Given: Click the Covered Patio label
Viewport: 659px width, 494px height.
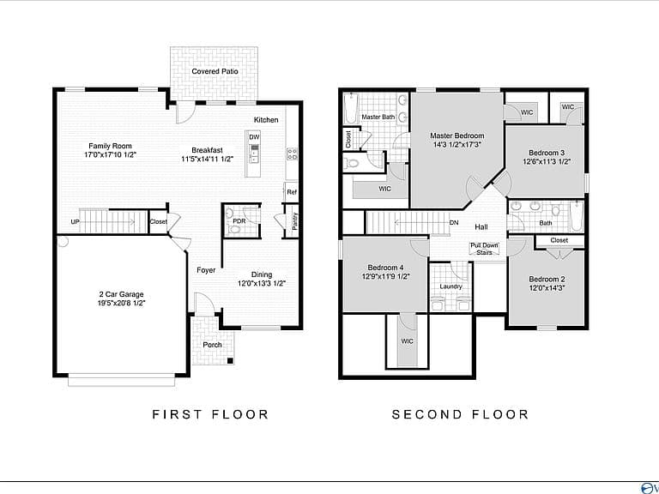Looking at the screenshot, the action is point(215,71).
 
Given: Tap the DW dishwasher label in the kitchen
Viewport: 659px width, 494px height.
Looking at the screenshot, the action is point(254,137).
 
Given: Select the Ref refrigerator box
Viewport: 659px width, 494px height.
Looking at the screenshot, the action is point(292,192).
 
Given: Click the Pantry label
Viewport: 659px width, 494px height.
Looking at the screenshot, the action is point(294,220).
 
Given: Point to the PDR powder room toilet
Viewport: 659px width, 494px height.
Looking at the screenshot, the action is point(234,229).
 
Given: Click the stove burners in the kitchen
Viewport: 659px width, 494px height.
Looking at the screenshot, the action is point(292,154).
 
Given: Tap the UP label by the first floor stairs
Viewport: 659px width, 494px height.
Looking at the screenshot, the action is point(75,222).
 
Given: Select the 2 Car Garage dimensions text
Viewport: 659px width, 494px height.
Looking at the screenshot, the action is point(121,303).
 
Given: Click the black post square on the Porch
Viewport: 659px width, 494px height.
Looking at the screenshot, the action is point(230,360).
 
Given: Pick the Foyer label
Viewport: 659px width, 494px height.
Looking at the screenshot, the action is point(206,270).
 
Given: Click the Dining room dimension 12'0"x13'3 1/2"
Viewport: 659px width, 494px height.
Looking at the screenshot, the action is point(262,284).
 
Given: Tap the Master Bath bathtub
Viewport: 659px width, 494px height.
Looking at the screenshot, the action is point(350,107).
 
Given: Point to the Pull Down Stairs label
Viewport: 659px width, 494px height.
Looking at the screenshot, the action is point(484,249).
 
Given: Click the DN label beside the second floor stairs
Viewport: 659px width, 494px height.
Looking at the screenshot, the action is point(454,223).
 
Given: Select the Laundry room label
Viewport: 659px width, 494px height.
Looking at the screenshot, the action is point(450,286).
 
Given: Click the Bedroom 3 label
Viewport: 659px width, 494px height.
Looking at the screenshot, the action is point(547,153).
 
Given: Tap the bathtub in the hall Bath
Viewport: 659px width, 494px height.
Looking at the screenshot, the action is point(577,216).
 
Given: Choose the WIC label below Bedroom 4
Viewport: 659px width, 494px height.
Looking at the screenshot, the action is point(407,341).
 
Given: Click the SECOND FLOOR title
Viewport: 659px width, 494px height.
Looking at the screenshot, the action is point(460,414).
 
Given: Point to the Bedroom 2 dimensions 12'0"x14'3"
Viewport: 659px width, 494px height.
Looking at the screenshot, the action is point(547,288).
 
